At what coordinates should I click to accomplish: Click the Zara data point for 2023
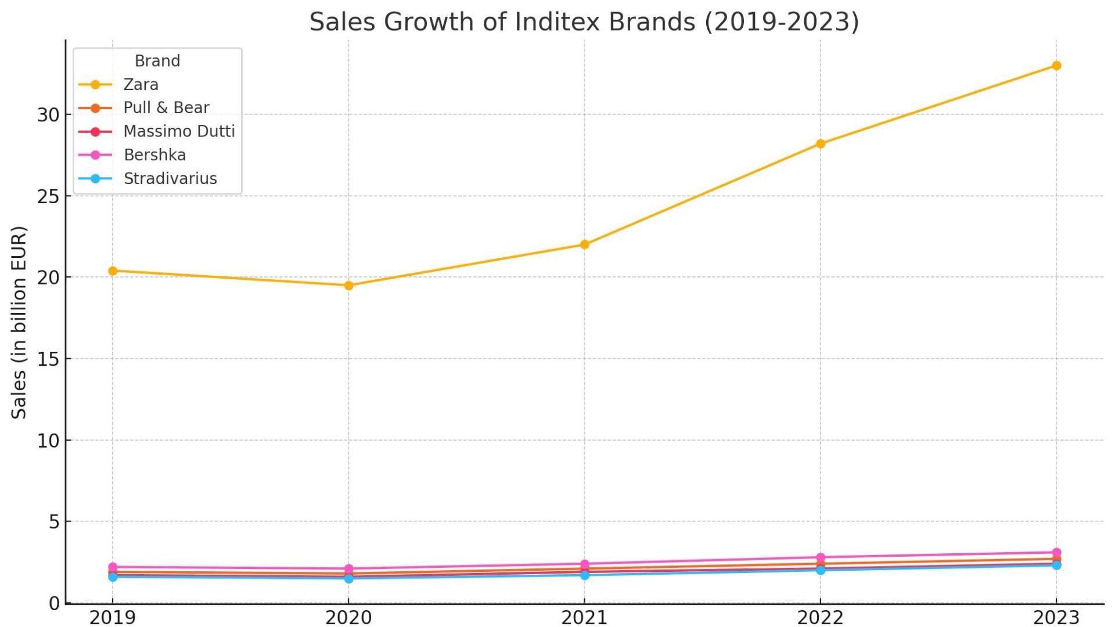click(1056, 66)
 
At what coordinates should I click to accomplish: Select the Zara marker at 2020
click(348, 285)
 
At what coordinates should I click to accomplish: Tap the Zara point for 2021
click(584, 244)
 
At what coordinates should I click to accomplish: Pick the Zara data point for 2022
click(820, 143)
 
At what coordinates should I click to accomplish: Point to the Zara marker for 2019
click(113, 271)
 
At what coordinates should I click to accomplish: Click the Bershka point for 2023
click(1056, 553)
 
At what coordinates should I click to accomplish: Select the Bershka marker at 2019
click(113, 567)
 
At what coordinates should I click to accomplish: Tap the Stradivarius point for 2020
click(348, 579)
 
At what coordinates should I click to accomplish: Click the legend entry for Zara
click(141, 85)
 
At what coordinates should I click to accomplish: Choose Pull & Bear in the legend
click(166, 108)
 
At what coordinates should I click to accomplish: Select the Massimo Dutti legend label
click(179, 131)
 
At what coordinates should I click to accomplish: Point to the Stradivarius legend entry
click(170, 179)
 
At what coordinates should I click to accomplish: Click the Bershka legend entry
click(154, 155)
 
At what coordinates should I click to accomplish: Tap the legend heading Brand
click(157, 61)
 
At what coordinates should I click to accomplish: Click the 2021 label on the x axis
click(584, 618)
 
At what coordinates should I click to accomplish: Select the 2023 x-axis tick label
click(1056, 618)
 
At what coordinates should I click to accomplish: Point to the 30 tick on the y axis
click(49, 115)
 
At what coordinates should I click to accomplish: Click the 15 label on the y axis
click(49, 359)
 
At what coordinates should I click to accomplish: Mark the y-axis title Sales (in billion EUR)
click(19, 322)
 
